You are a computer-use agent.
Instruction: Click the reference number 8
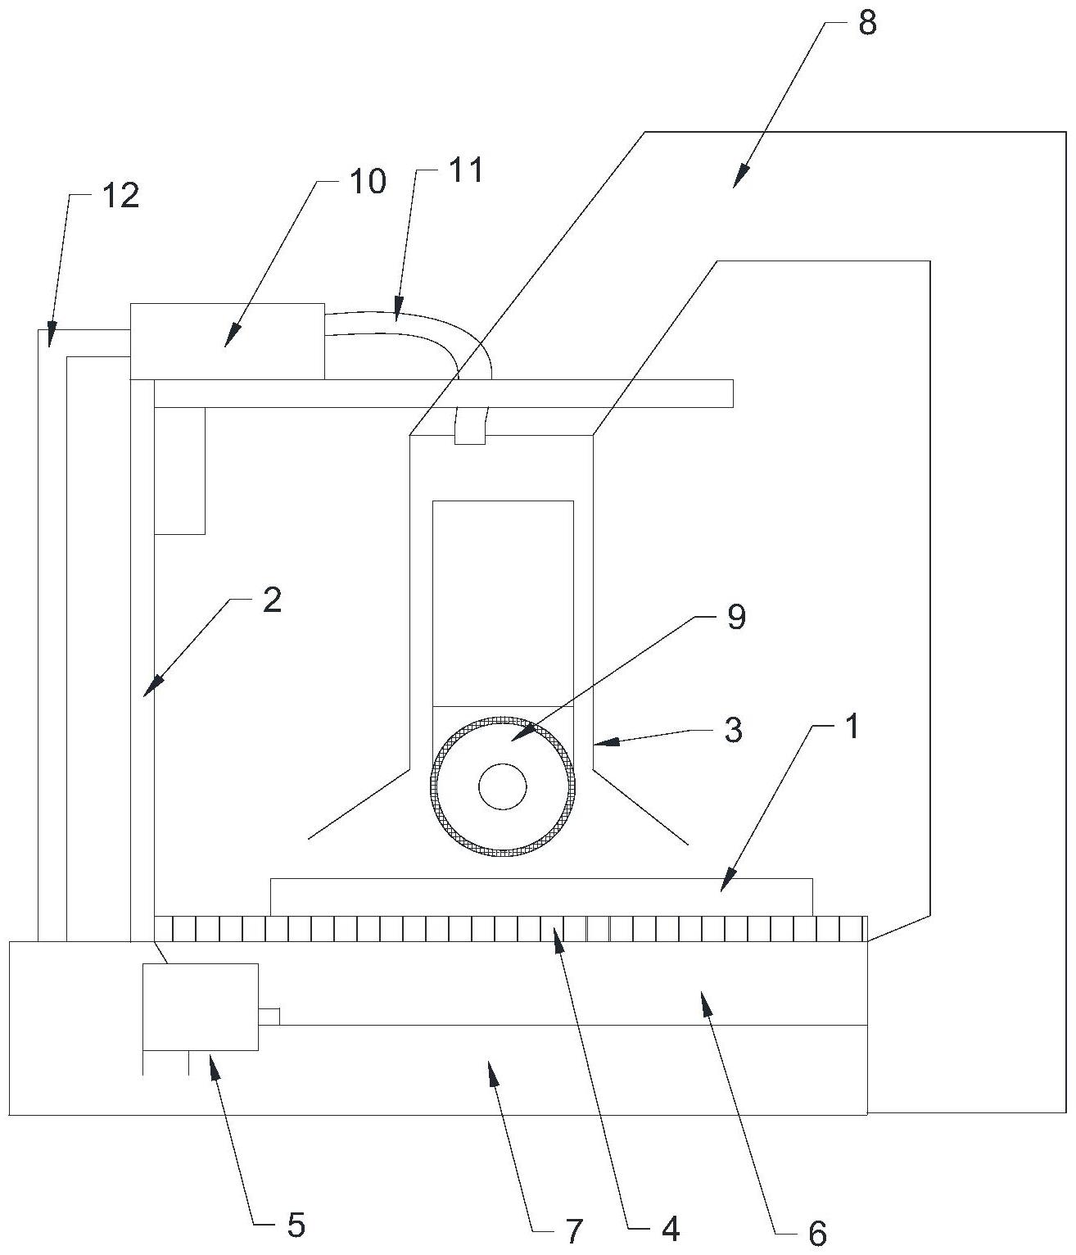coord(867,24)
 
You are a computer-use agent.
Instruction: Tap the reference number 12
coord(120,196)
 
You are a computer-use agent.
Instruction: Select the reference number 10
coord(368,181)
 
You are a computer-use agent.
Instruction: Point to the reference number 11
coord(466,171)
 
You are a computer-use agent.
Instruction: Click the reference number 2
coord(272,601)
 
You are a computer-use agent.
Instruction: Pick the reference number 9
coord(736,617)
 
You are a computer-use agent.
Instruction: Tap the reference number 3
coord(733,729)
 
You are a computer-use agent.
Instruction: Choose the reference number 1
coord(852,727)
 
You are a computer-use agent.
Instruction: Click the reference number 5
coord(296,1226)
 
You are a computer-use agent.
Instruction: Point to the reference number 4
coord(670,1229)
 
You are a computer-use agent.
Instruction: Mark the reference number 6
coord(816,1232)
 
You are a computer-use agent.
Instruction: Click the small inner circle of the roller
coord(503,787)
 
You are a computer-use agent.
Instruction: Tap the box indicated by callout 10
coord(227,342)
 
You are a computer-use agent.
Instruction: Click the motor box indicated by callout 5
coord(200,1007)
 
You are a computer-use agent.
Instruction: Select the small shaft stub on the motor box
coord(269,1016)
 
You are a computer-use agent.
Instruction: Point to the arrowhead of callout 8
coord(736,182)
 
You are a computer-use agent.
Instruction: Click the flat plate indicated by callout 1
coord(540,896)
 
